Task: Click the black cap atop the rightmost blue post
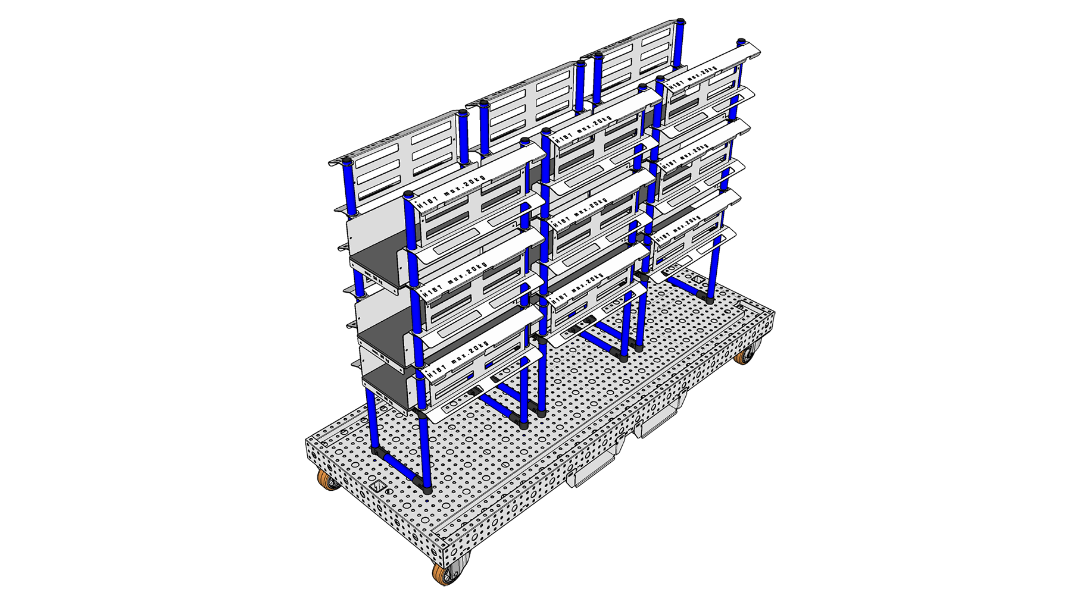[741, 41]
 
